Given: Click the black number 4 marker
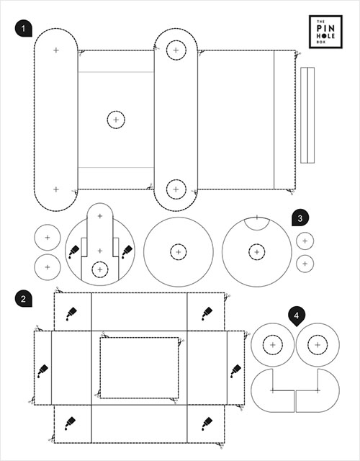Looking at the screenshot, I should tap(296, 315).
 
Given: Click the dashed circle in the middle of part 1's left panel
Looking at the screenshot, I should tap(116, 120).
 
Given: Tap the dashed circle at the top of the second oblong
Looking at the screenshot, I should tap(176, 50).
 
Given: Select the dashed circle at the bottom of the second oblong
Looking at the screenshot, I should tap(176, 189).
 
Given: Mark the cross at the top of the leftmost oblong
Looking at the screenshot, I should tap(56, 50).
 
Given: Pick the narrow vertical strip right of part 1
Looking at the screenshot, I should tap(307, 115).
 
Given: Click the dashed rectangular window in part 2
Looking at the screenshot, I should tap(139, 367).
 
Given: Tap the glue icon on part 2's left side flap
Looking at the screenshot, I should tap(43, 371).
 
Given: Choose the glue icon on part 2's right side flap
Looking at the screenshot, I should tap(235, 371).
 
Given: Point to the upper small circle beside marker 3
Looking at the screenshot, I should tap(305, 241).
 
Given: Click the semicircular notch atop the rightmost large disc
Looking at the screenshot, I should tap(256, 222).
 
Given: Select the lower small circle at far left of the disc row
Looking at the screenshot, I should tap(48, 267).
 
